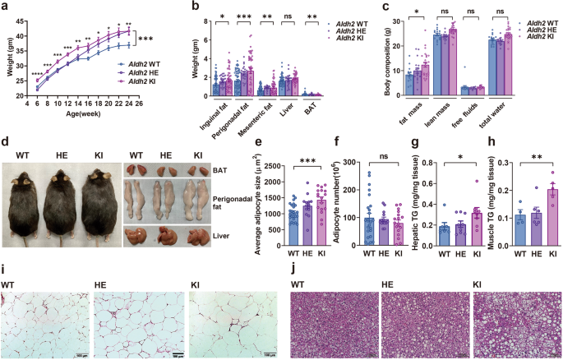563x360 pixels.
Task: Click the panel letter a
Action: [x=5, y=6]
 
